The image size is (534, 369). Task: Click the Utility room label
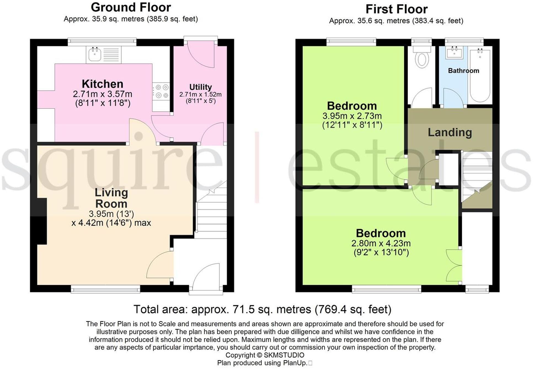tap(201, 87)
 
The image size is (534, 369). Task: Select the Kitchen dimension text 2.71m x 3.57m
tap(103, 94)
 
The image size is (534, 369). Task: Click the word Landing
tap(450, 132)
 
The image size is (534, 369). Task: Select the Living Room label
tap(111, 198)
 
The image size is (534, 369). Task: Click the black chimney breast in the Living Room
tap(42, 221)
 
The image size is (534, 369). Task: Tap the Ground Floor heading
tap(131, 7)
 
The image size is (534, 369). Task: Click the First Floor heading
tap(396, 9)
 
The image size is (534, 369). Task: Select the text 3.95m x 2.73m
tap(352, 116)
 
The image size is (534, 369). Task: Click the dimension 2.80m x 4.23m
tap(381, 243)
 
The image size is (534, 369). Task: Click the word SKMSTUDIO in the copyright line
tap(284, 355)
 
